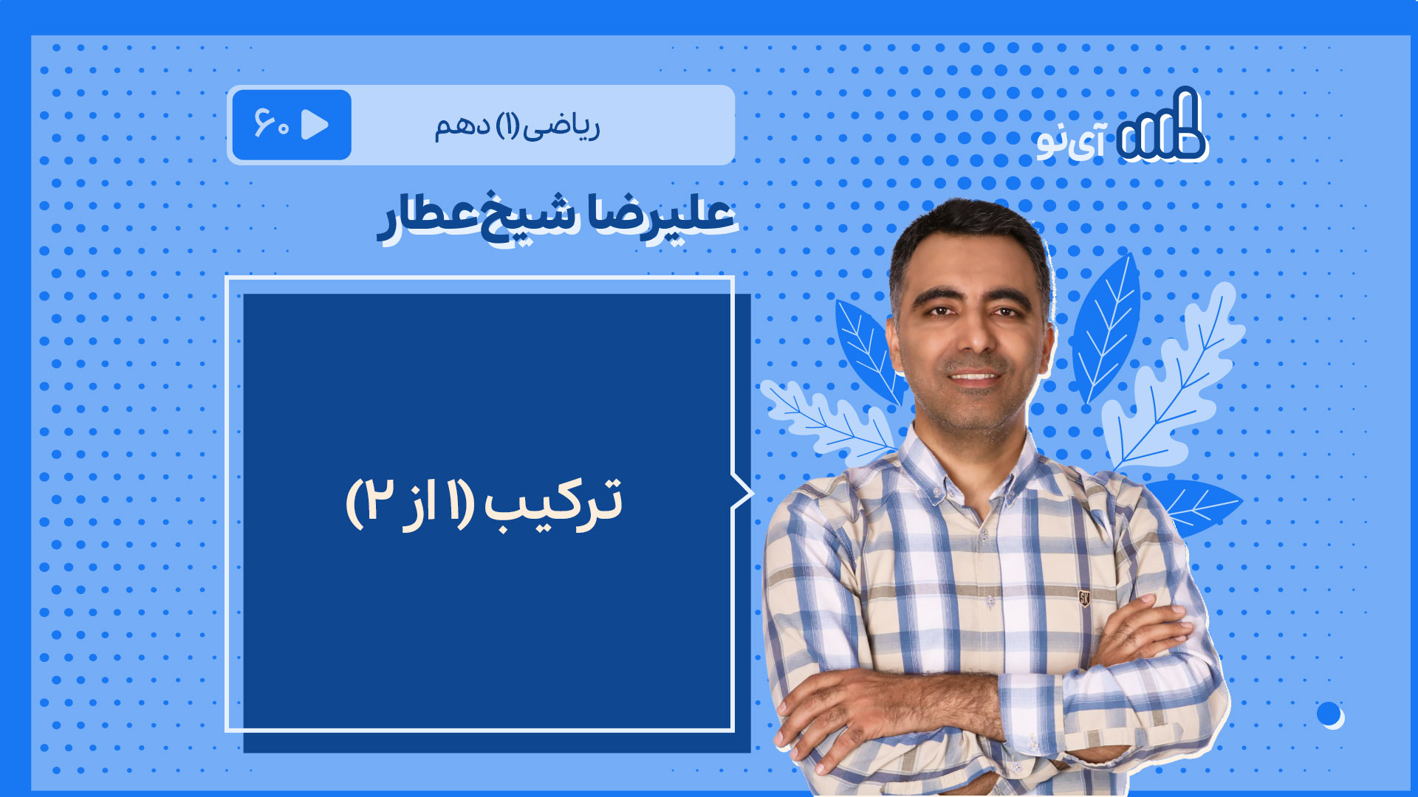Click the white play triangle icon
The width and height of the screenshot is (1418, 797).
pyautogui.click(x=315, y=125)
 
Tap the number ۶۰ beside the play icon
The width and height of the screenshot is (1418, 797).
pyautogui.click(x=271, y=124)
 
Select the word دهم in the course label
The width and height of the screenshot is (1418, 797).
pyautogui.click(x=462, y=125)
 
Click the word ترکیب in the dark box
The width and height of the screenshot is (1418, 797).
pyautogui.click(x=552, y=504)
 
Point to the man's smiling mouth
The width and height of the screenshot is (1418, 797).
pyautogui.click(x=974, y=377)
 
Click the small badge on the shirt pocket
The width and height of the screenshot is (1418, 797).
pyautogui.click(x=1084, y=598)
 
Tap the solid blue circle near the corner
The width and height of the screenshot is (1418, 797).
pyautogui.click(x=1329, y=714)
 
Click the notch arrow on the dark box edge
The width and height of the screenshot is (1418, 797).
pyautogui.click(x=742, y=493)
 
